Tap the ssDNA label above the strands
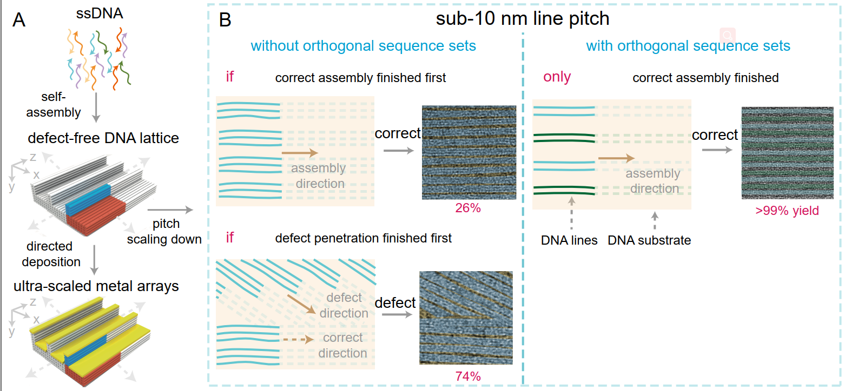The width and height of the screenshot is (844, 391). pyautogui.click(x=100, y=14)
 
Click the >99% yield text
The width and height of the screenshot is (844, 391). pyautogui.click(x=787, y=211)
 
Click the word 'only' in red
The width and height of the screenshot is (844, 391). pyautogui.click(x=557, y=77)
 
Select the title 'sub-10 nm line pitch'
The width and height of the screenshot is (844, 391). pyautogui.click(x=523, y=19)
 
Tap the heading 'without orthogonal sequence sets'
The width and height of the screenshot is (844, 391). pyautogui.click(x=364, y=45)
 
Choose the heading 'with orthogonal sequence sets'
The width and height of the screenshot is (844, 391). pyautogui.click(x=688, y=45)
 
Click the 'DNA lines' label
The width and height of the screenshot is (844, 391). pyautogui.click(x=569, y=240)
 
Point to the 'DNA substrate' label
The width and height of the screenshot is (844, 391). pyautogui.click(x=649, y=240)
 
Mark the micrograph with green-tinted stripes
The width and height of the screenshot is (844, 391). pyautogui.click(x=787, y=153)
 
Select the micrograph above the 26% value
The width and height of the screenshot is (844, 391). pyautogui.click(x=469, y=153)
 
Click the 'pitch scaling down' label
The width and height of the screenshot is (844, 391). pyautogui.click(x=164, y=231)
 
